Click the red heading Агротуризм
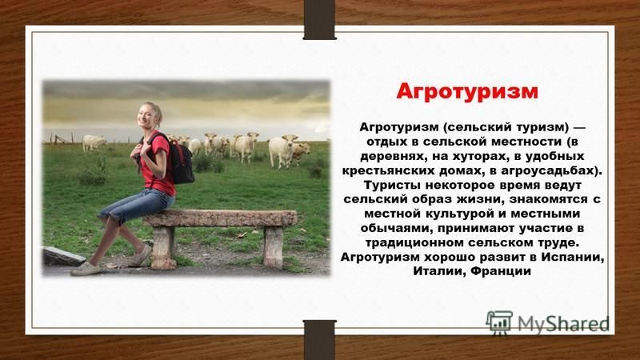tap(467, 92)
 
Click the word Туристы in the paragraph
tap(392, 186)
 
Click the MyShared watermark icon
tap(499, 323)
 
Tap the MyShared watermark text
tap(562, 324)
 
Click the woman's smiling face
tap(147, 116)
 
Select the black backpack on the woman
tap(181, 159)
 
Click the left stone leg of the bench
tap(163, 247)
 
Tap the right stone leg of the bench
tap(273, 247)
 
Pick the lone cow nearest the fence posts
tap(94, 143)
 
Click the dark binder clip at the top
tap(319, 19)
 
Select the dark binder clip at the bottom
tap(319, 340)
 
